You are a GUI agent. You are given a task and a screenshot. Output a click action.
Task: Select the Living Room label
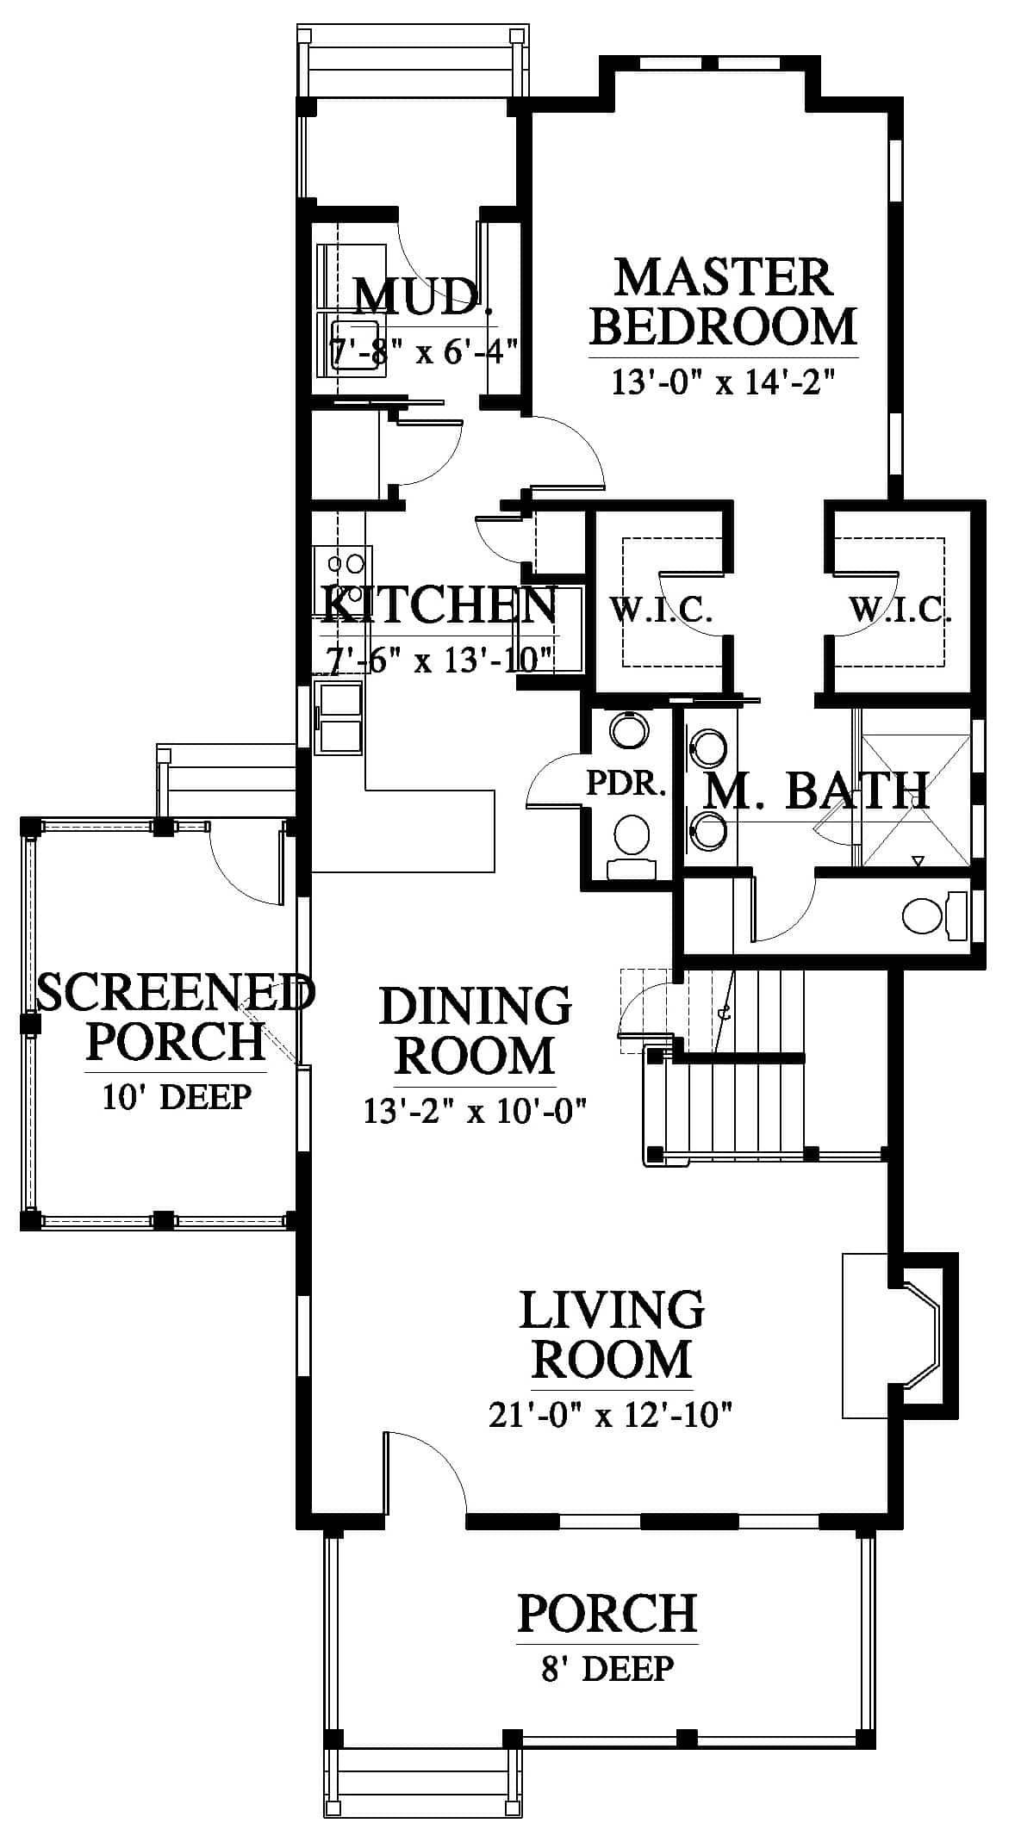click(x=612, y=1334)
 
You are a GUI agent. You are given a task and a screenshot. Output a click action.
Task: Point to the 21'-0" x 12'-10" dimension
click(x=610, y=1414)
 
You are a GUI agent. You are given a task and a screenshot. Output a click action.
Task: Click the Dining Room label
click(x=476, y=1031)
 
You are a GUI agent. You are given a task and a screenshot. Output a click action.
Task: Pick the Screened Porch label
click(x=176, y=1017)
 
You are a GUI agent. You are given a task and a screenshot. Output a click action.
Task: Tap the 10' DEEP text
click(x=177, y=1097)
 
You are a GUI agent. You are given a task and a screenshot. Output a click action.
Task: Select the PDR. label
click(x=626, y=783)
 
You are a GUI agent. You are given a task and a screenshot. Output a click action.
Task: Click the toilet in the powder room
click(x=632, y=845)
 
